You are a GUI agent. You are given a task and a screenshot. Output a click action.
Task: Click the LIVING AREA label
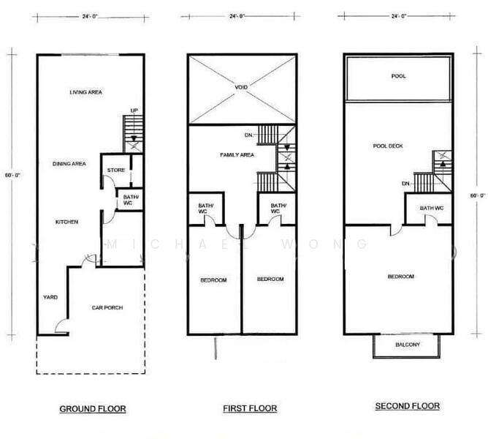tap(85, 92)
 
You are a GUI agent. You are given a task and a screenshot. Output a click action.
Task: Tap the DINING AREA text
tap(69, 164)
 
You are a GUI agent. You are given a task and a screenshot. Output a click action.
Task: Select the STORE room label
tap(116, 170)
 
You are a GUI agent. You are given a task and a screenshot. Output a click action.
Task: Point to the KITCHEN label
tap(66, 222)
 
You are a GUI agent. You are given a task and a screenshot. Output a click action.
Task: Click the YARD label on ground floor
tap(50, 297)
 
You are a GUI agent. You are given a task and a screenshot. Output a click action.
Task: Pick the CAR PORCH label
tap(107, 308)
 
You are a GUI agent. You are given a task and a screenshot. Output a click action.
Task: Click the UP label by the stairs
tap(134, 110)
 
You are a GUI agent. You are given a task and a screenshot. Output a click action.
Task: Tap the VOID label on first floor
tap(241, 87)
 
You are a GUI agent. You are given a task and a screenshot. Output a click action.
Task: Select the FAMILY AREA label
tap(237, 155)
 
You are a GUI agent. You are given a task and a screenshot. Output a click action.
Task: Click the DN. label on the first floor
tap(249, 135)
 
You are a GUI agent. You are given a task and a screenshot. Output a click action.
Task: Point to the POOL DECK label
tap(388, 146)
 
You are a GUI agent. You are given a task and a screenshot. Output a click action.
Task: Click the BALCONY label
tap(408, 345)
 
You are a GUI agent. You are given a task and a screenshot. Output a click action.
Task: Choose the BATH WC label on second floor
tap(432, 208)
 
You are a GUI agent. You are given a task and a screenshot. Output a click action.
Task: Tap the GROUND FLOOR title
tap(93, 409)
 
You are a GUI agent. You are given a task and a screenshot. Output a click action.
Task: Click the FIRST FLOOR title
tap(250, 408)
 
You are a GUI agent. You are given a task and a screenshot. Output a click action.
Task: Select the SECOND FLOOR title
tap(408, 406)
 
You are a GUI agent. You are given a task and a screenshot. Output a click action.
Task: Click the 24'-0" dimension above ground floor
tap(90, 17)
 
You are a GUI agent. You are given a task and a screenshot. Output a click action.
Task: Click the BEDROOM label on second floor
tap(401, 277)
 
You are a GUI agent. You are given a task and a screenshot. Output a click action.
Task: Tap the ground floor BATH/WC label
tap(131, 200)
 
